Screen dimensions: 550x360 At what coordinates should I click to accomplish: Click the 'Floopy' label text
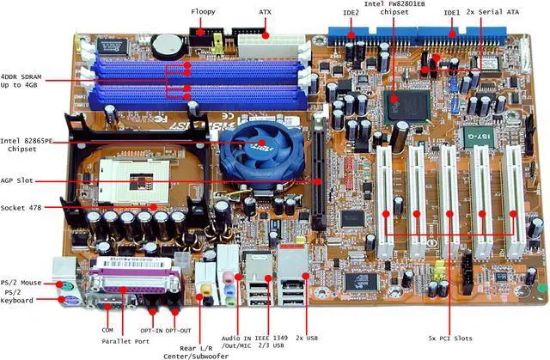point(204,12)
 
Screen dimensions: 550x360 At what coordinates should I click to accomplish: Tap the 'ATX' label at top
point(265,12)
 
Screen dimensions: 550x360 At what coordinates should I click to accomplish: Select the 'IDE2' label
point(351,13)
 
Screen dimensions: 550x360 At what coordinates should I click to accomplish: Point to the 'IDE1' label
point(451,13)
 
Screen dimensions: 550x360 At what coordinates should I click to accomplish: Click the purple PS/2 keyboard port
point(64,300)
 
